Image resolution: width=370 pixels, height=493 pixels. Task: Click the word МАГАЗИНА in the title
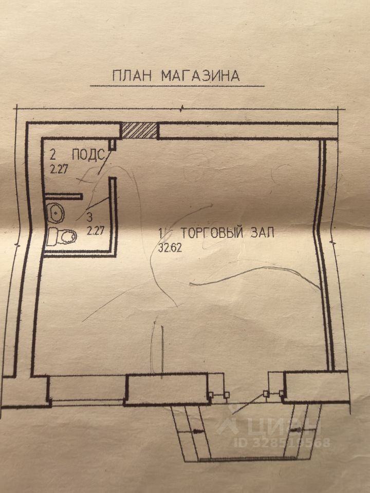point(200,75)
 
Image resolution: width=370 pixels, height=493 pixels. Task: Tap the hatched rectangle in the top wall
point(139,130)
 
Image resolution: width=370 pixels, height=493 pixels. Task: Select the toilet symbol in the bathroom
point(62,236)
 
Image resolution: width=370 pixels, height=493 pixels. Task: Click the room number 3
point(90,218)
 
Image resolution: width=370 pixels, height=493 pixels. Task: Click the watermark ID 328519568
point(282,442)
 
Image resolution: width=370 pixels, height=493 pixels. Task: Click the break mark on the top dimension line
point(182,108)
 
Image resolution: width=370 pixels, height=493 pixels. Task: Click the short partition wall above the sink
point(63,196)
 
